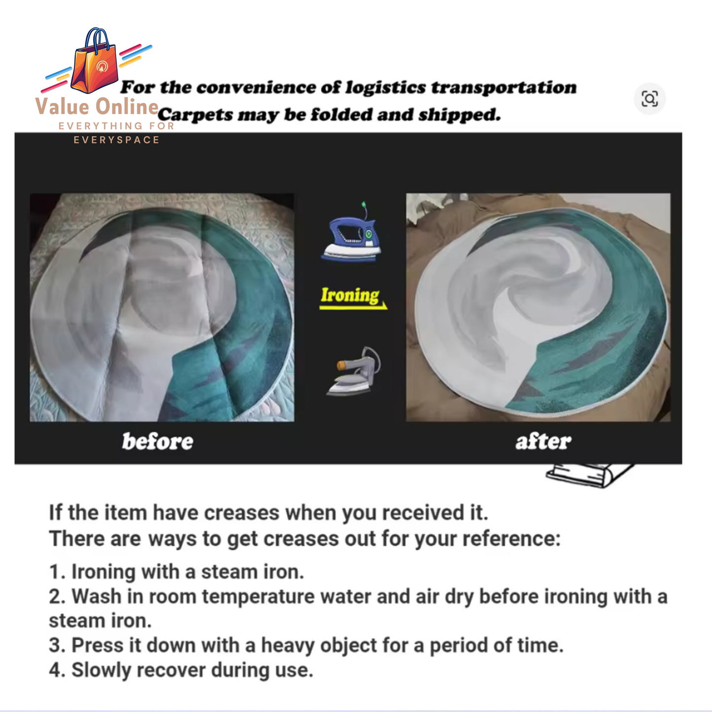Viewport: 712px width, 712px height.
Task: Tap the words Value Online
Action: (97, 107)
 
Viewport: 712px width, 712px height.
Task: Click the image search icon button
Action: (649, 99)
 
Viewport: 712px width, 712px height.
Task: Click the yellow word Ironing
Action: (350, 296)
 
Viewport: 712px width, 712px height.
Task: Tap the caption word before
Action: (158, 441)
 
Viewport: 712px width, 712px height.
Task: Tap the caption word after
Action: (543, 441)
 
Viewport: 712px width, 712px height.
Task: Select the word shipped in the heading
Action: (460, 115)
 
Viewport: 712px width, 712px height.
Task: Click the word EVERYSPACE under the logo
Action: (116, 139)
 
